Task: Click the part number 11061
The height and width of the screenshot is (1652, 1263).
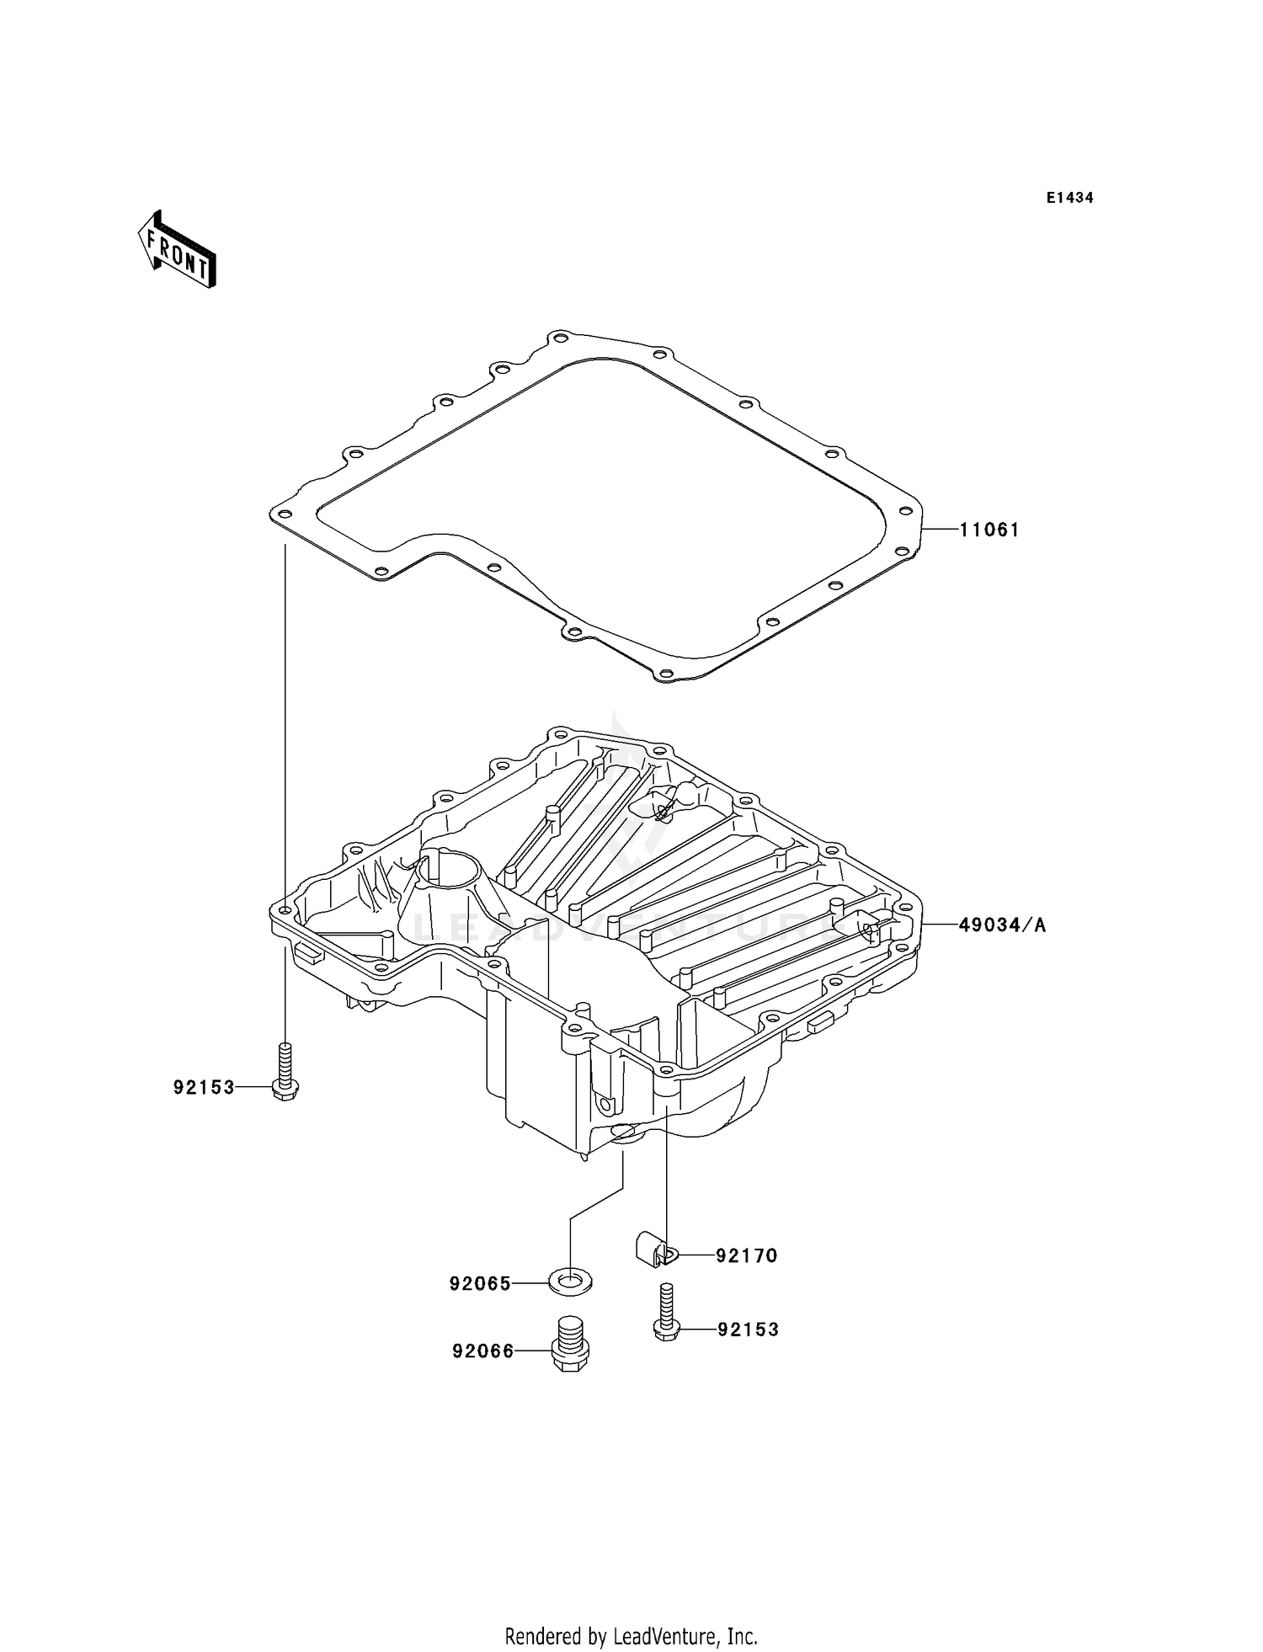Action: (x=989, y=530)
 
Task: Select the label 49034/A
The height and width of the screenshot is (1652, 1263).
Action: (x=1002, y=925)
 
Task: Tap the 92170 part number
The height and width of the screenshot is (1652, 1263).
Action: (x=746, y=1255)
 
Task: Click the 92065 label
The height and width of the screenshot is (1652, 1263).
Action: (x=480, y=1283)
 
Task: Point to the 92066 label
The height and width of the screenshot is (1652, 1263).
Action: (x=482, y=1351)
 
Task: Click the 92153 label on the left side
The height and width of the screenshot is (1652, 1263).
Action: (x=204, y=1087)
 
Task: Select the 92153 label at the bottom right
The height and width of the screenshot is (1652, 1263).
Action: (x=748, y=1330)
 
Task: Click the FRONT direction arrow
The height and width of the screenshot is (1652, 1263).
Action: (x=178, y=251)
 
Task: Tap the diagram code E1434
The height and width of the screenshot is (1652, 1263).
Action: (x=1069, y=198)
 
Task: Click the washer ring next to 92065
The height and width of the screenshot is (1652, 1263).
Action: (x=570, y=1283)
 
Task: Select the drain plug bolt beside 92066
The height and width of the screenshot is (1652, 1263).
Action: (x=570, y=1346)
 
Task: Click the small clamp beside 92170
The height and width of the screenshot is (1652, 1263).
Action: (x=653, y=1249)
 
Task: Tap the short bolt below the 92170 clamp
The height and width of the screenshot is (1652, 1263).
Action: (x=666, y=1314)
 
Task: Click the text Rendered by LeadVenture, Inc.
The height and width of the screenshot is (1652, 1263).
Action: (x=631, y=1636)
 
